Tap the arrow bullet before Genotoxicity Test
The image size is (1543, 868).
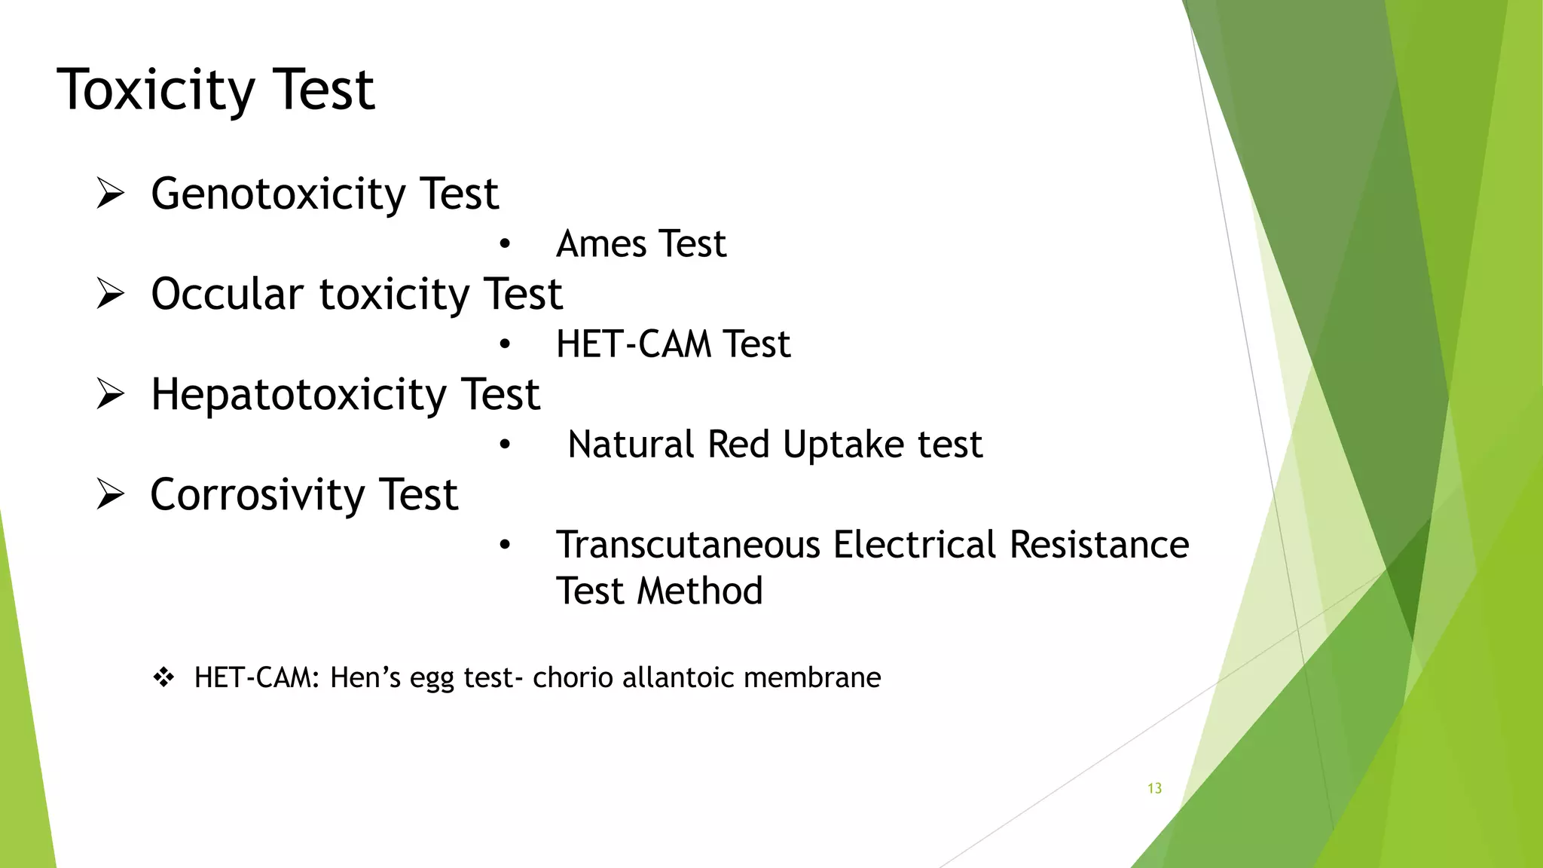110,194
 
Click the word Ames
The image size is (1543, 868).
601,244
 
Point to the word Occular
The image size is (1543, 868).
227,294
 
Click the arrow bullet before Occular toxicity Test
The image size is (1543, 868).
110,294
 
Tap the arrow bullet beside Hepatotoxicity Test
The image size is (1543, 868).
110,394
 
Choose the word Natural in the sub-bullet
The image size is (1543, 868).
631,445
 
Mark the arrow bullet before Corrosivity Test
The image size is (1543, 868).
110,494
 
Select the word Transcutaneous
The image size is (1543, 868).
688,545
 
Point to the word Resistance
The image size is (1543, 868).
1098,545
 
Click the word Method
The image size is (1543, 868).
700,591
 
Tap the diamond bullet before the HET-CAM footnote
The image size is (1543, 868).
163,677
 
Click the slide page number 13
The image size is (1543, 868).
1154,788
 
